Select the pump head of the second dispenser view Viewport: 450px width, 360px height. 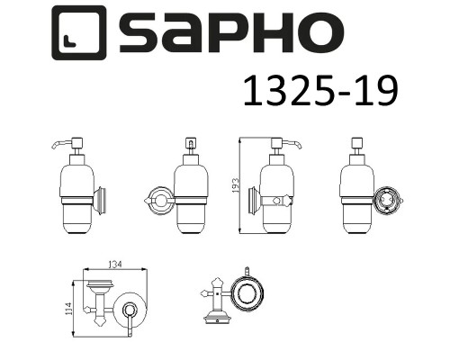tap(190, 145)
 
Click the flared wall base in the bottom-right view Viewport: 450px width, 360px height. tap(216, 316)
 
